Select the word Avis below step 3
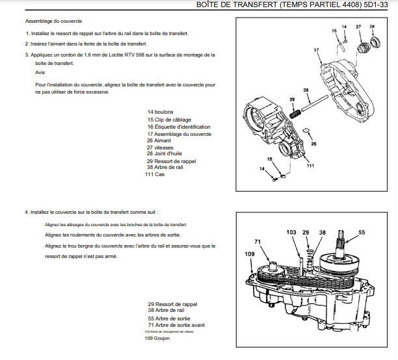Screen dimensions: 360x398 pyautogui.click(x=40, y=72)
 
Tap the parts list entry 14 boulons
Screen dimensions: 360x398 pyautogui.click(x=160, y=112)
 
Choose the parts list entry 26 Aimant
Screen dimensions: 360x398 pyautogui.click(x=159, y=140)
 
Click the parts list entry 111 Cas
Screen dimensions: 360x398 pyautogui.click(x=155, y=174)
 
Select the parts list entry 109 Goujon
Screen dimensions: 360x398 pyautogui.click(x=157, y=339)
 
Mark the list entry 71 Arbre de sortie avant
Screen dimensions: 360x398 pyautogui.click(x=176, y=324)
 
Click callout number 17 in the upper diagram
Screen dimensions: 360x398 pyautogui.click(x=315, y=49)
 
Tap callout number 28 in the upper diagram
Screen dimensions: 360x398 pyautogui.click(x=372, y=26)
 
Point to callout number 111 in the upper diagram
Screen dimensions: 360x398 pyautogui.click(x=310, y=166)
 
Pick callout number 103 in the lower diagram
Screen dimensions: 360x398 pyautogui.click(x=291, y=232)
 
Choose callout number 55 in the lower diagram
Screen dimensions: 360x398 pyautogui.click(x=362, y=232)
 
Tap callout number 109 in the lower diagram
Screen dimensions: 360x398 pyautogui.click(x=249, y=253)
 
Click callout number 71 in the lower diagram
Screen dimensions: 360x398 pyautogui.click(x=258, y=242)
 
